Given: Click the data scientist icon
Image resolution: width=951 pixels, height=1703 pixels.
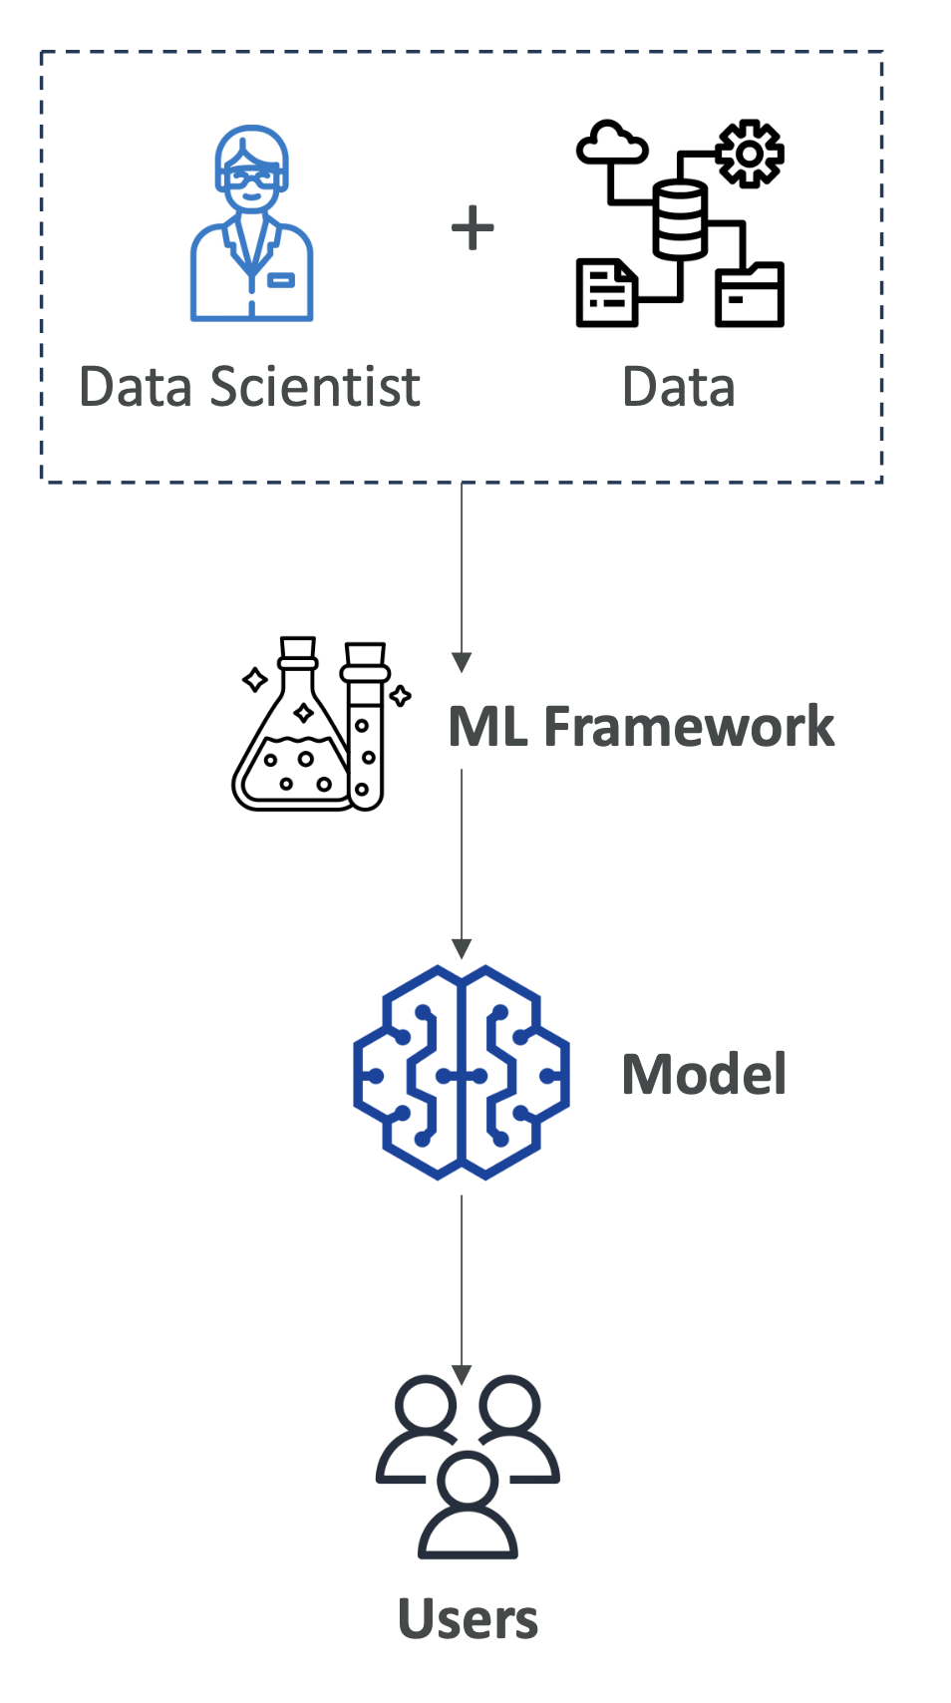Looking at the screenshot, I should coord(251,223).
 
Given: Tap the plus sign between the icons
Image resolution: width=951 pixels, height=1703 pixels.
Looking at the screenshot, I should coord(473,228).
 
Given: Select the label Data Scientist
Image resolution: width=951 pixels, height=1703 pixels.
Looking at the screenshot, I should coord(249,387).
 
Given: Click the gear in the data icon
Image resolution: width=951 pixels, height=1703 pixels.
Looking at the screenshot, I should coord(750,154).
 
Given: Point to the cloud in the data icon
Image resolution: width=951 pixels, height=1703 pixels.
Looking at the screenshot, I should coord(611,144).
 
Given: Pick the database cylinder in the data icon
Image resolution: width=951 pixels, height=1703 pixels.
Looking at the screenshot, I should coord(680,219).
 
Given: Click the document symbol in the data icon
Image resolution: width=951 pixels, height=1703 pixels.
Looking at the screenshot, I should coord(606,293).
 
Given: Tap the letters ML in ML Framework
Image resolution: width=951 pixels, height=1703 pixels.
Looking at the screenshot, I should coord(487,726).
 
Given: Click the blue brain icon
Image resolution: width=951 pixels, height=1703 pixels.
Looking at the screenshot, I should coord(462,1073).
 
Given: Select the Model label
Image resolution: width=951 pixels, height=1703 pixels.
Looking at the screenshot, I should coord(704,1075).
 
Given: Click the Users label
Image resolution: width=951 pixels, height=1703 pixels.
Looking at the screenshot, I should coord(468,1619).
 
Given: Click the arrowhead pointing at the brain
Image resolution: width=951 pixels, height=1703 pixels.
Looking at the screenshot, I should coord(462,948).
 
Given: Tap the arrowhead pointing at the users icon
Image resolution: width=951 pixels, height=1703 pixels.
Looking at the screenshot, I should coord(462,1374).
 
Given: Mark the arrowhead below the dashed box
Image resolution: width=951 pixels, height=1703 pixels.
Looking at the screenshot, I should coord(462,662).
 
